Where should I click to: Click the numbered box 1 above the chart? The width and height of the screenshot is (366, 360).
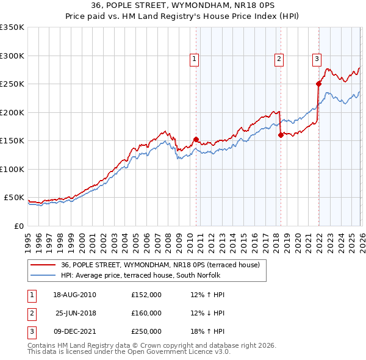[x=194, y=59]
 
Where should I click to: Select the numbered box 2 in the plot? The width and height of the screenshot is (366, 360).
[x=279, y=59]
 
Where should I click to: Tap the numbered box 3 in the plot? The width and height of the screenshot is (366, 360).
[x=317, y=59]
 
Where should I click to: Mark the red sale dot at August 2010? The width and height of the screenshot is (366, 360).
[x=196, y=139]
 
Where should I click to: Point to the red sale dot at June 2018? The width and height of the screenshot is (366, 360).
[x=281, y=135]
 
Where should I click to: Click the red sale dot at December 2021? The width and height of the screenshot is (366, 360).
[x=318, y=84]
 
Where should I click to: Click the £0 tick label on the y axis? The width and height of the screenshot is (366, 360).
[x=18, y=226]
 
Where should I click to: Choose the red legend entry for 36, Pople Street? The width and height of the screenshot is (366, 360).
[x=160, y=265]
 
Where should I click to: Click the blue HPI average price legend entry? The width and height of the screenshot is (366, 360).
[x=143, y=275]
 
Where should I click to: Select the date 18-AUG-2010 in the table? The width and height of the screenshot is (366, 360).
[x=75, y=295]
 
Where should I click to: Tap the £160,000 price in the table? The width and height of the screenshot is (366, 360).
[x=146, y=313]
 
